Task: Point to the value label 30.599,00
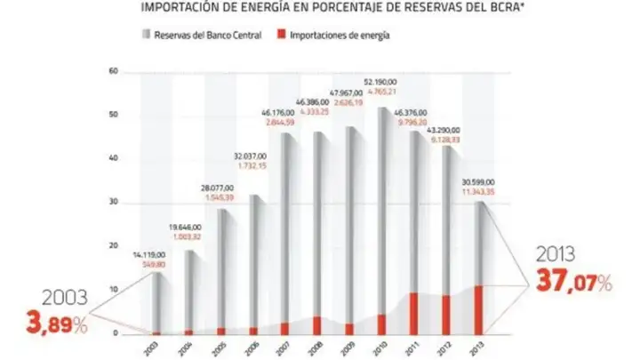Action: pyautogui.click(x=478, y=180)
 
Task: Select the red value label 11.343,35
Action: pyautogui.click(x=478, y=190)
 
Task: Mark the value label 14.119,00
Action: pyautogui.click(x=156, y=255)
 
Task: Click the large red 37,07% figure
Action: pyautogui.click(x=574, y=282)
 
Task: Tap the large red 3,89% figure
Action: pyautogui.click(x=50, y=325)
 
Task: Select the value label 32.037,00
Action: pyautogui.click(x=252, y=156)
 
